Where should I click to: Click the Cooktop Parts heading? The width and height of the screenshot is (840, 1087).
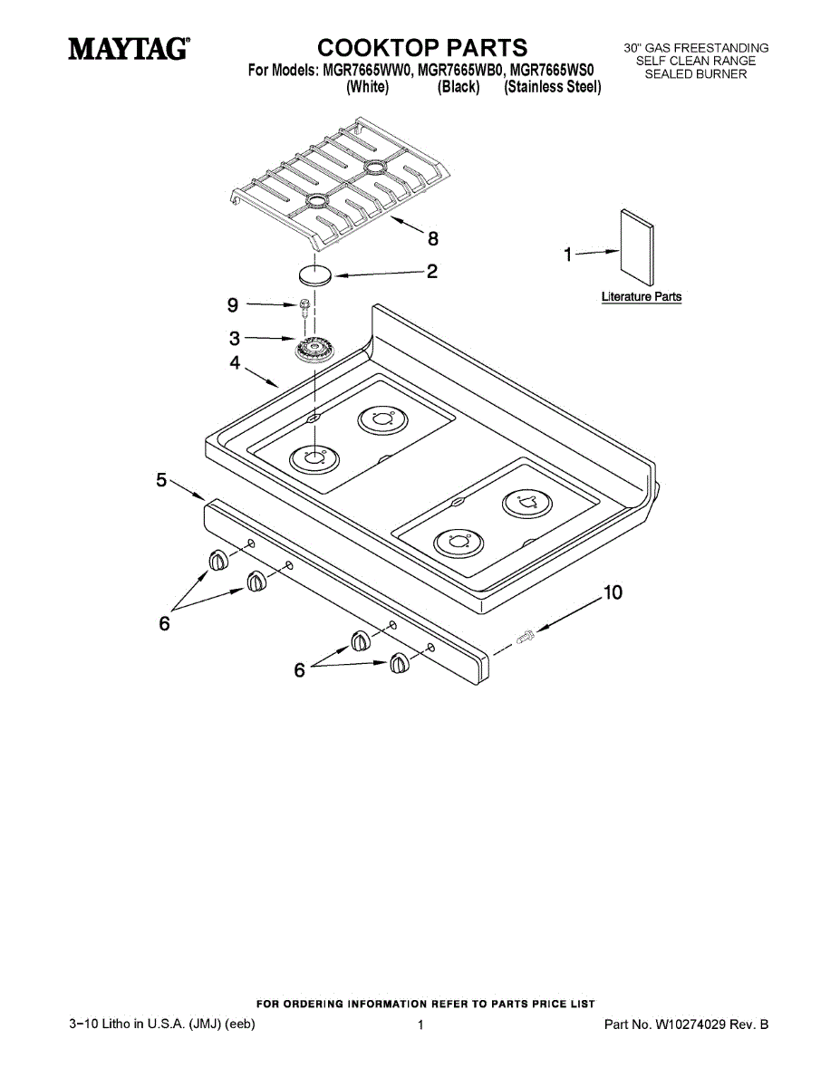421,47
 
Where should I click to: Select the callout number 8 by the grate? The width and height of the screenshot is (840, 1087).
433,239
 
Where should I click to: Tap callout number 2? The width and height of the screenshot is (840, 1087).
432,271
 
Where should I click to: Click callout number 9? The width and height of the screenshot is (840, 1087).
233,304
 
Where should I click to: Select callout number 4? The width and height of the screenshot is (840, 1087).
235,362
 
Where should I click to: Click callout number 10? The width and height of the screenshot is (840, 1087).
613,592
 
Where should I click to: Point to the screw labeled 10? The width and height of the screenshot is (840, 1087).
525,639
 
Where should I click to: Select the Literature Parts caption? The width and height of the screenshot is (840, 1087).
642,297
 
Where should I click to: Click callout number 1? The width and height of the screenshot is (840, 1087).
568,255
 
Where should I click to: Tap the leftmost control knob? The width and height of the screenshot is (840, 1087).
218,562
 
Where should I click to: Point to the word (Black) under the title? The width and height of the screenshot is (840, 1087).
458,87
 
